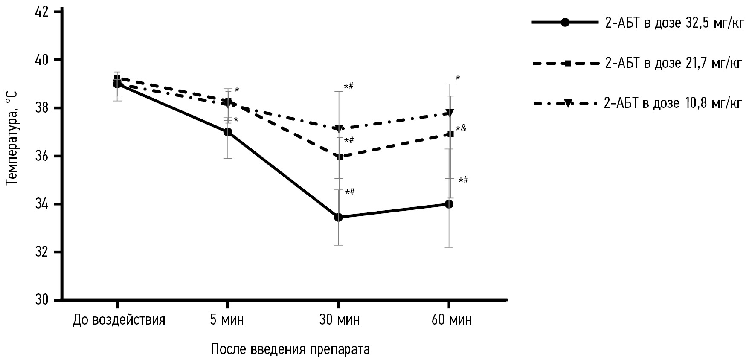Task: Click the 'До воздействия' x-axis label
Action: click(119, 320)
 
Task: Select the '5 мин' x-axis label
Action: click(227, 320)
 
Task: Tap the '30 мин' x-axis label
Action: click(340, 320)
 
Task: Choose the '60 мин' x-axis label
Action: click(452, 320)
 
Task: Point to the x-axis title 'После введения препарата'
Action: click(290, 349)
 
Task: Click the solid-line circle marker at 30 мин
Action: click(339, 217)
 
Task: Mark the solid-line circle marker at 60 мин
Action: click(449, 204)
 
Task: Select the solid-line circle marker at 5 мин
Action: click(228, 132)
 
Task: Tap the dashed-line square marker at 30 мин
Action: click(340, 157)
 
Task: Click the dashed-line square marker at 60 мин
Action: click(450, 134)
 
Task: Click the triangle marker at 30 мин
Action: click(340, 128)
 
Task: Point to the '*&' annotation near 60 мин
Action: click(461, 128)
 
